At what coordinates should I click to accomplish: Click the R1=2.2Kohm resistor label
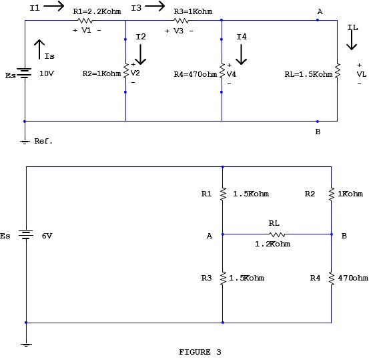pyautogui.click(x=97, y=11)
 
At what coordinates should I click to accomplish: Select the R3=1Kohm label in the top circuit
pyautogui.click(x=193, y=11)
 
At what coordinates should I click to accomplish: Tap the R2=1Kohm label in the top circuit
pyautogui.click(x=101, y=73)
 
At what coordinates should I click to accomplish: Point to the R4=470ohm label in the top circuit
pyautogui.click(x=194, y=73)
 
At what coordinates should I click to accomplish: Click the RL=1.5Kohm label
pyautogui.click(x=308, y=73)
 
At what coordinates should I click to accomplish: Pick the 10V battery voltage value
pyautogui.click(x=47, y=73)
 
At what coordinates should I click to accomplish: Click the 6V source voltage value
pyautogui.click(x=47, y=236)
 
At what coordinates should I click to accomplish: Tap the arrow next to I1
pyautogui.click(x=54, y=7)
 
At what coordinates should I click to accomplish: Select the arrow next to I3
pyautogui.click(x=155, y=7)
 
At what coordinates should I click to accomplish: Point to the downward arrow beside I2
pyautogui.click(x=141, y=53)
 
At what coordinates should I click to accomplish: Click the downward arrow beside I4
pyautogui.click(x=242, y=53)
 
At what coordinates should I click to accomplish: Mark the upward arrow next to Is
pyautogui.click(x=40, y=48)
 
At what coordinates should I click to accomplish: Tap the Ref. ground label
pyautogui.click(x=43, y=142)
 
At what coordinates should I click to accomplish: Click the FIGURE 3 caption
pyautogui.click(x=200, y=351)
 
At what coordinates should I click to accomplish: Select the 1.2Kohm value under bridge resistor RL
pyautogui.click(x=272, y=244)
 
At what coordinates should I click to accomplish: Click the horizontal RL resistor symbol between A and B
pyautogui.click(x=277, y=234)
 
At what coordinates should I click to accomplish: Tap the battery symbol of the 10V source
pyautogui.click(x=25, y=73)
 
